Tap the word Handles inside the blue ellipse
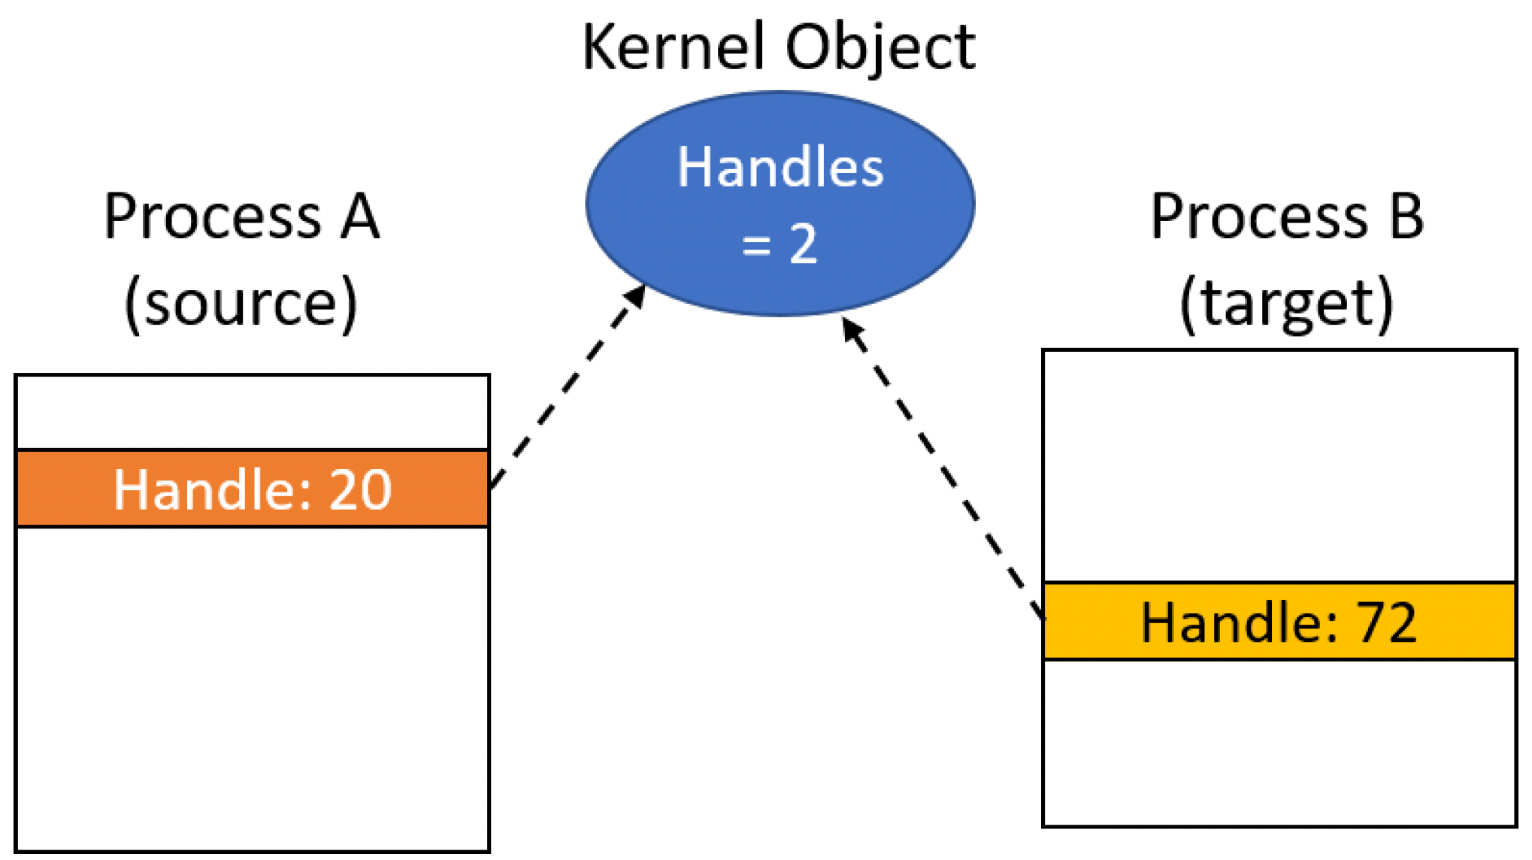pos(780,167)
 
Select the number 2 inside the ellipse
pos(804,244)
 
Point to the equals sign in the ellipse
pos(756,245)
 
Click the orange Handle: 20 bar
pos(253,489)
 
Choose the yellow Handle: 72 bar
pos(1279,622)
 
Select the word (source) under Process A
pos(241,303)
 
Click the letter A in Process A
pos(360,217)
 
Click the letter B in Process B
pos(1406,217)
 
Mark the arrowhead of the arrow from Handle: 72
pos(852,329)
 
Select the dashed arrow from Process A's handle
pos(568,386)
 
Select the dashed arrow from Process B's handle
pos(943,468)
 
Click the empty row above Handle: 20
pos(253,413)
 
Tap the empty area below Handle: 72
pos(1279,743)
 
